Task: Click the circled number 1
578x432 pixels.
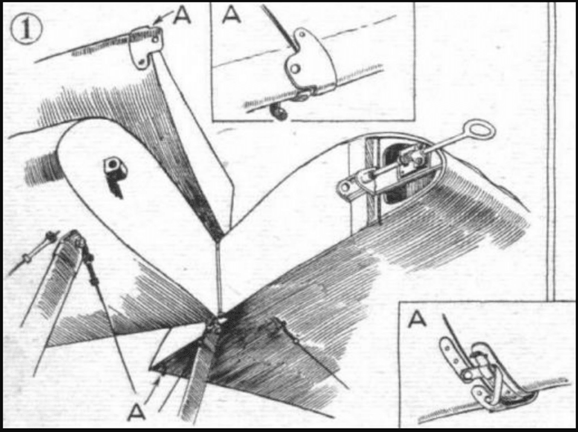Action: (x=27, y=30)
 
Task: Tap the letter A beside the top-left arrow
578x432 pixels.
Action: (x=182, y=15)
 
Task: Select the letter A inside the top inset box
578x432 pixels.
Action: (x=231, y=15)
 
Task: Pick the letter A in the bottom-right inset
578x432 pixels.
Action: (x=417, y=318)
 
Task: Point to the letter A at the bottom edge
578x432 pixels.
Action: (x=136, y=411)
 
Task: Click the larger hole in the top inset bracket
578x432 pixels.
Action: (x=294, y=68)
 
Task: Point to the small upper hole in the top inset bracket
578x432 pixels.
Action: (x=302, y=34)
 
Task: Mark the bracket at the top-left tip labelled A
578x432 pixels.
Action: (x=145, y=47)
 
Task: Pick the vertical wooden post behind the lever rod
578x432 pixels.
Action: (x=372, y=180)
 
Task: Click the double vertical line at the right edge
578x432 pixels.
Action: (x=551, y=151)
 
